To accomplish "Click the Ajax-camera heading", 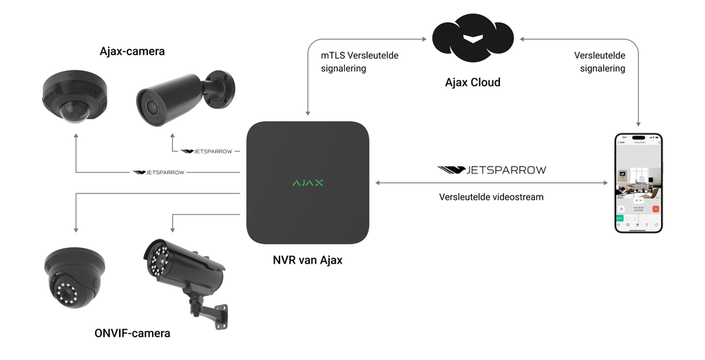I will (x=132, y=51).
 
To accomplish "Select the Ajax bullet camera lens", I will (x=149, y=105).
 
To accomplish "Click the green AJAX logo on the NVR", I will (x=308, y=183).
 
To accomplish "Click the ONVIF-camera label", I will (x=132, y=334).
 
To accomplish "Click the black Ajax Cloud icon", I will (x=472, y=41).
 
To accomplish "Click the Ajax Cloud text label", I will (x=472, y=83).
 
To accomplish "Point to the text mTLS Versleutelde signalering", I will (x=359, y=62).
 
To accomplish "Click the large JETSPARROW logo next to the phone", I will (x=492, y=169).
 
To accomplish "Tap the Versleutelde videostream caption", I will (x=492, y=197).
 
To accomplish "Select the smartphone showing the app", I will (x=638, y=183).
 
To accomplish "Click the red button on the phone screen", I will (x=655, y=209).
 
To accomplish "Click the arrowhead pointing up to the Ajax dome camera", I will (x=75, y=137).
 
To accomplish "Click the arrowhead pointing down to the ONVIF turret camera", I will (x=75, y=231).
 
